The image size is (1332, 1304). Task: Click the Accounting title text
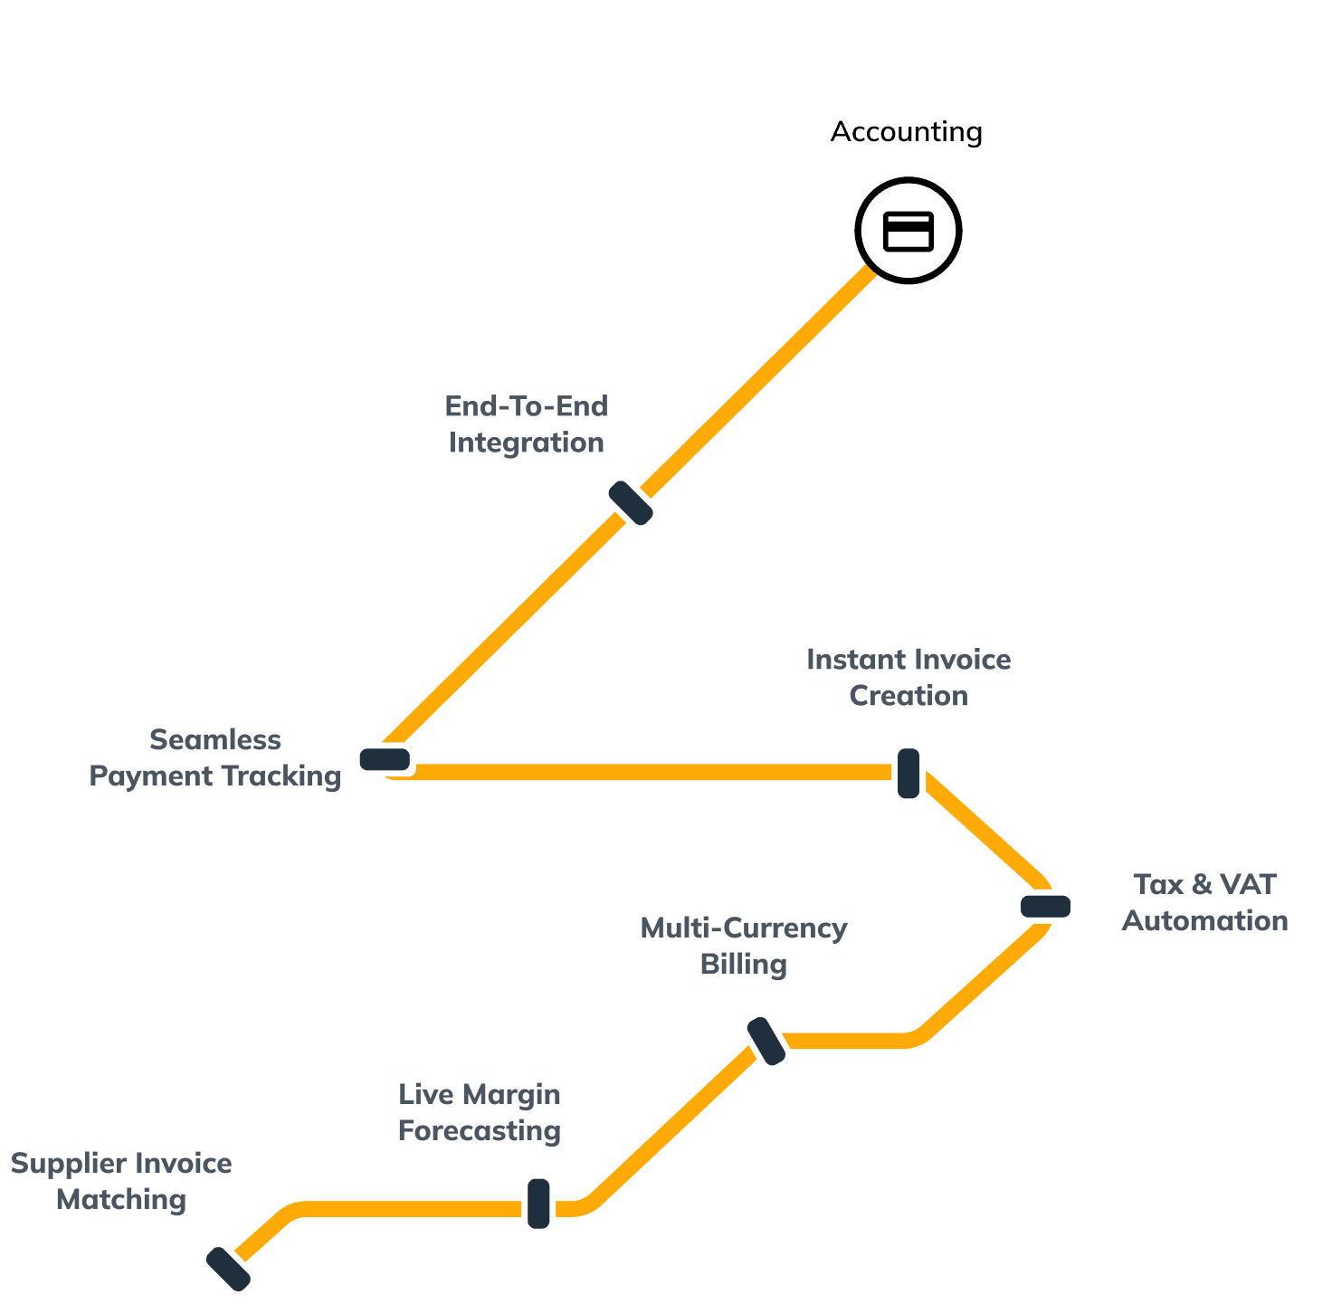906,132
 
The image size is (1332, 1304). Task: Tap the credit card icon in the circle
908,231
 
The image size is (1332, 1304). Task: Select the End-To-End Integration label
526,424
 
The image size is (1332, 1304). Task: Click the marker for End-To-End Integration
631,502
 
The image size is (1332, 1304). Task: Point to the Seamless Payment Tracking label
214,757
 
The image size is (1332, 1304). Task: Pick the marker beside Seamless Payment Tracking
385,759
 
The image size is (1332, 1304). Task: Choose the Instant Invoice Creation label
909,677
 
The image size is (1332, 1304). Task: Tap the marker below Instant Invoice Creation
909,773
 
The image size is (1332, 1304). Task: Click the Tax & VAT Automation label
1204,902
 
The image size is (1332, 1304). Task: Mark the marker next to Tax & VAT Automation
1046,906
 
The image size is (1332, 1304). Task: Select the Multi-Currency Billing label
743,946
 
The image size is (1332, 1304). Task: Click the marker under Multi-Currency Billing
766,1041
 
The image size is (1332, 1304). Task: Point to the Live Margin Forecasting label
480,1112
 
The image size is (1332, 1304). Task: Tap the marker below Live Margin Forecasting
538,1204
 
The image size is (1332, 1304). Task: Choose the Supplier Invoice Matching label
121,1181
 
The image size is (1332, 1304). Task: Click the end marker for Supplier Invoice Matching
228,1269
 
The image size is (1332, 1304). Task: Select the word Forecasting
480,1131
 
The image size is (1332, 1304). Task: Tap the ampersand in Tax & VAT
1203,884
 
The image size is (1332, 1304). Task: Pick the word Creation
909,696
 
